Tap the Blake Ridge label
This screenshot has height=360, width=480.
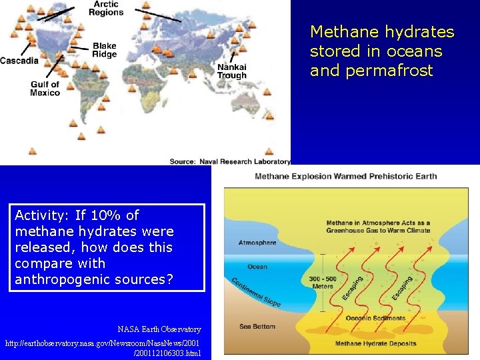point(104,50)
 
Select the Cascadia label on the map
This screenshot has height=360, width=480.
point(19,61)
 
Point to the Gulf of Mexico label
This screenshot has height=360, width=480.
point(45,89)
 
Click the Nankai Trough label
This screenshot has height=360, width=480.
point(231,71)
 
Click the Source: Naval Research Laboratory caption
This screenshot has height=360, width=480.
point(229,161)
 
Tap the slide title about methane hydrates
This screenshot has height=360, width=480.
point(382,51)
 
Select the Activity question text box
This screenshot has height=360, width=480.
point(109,247)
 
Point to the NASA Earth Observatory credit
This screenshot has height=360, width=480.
point(159,329)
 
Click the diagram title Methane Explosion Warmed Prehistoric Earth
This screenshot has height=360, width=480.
point(346,176)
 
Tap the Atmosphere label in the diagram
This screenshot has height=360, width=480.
point(257,243)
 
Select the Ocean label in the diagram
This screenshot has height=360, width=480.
point(257,267)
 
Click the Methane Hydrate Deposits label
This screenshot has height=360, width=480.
point(376,344)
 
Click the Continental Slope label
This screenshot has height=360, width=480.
point(256,291)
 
